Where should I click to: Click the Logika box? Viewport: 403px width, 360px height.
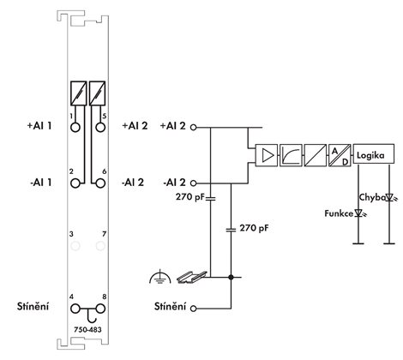(x=374, y=154)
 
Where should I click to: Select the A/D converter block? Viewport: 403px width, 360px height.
(x=340, y=155)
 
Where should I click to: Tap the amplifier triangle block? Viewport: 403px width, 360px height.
(x=267, y=155)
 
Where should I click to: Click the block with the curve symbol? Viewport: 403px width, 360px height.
(x=291, y=155)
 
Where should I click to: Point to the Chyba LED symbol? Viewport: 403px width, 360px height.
(x=390, y=197)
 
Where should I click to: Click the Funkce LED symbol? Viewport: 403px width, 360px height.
(x=359, y=213)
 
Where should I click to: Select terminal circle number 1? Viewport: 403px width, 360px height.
(x=75, y=127)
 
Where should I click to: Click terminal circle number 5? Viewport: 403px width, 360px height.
(x=100, y=127)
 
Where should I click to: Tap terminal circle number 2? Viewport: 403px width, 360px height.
(x=75, y=183)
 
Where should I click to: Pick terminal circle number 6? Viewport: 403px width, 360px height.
(x=100, y=183)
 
